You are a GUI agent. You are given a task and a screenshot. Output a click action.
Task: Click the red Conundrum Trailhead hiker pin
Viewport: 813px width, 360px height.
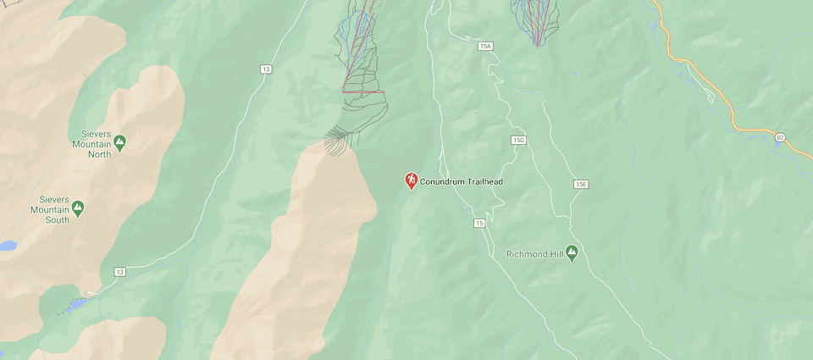(x=412, y=180)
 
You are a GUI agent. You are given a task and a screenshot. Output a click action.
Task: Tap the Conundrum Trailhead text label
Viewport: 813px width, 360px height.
(x=462, y=181)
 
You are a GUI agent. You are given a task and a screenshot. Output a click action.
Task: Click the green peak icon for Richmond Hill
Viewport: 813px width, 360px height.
(x=572, y=252)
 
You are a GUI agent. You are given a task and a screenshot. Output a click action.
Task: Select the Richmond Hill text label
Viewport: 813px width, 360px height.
(x=534, y=254)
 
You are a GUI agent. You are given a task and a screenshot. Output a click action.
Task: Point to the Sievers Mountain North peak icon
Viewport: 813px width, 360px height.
(x=119, y=142)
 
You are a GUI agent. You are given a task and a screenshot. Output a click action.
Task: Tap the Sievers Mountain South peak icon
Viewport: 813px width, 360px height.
(x=78, y=207)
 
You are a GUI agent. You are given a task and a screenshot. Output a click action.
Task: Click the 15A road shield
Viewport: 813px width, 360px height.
(x=485, y=46)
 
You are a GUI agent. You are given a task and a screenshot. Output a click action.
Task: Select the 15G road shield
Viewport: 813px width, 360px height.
(x=519, y=140)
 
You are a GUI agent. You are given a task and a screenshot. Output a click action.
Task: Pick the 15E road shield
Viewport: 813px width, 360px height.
(x=580, y=184)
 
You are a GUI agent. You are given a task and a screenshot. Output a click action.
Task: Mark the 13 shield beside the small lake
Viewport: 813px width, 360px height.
(x=120, y=271)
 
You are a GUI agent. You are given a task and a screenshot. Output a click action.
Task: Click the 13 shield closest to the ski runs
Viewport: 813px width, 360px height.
(x=267, y=69)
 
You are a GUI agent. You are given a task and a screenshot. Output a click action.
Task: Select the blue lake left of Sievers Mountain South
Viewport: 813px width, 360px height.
(x=6, y=246)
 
